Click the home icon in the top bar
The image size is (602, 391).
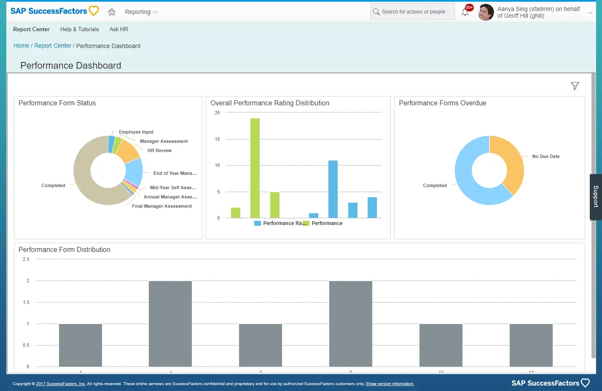(112, 12)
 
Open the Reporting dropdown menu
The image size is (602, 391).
(141, 12)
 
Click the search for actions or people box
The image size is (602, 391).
(413, 12)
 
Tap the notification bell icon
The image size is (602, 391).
(465, 12)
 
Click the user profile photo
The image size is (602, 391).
(486, 12)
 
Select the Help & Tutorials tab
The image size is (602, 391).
(79, 29)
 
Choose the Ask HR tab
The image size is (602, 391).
(118, 29)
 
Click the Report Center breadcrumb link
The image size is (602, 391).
(53, 46)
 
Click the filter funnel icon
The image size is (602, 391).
(575, 86)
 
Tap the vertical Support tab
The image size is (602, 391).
(596, 197)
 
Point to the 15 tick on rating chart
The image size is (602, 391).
(218, 139)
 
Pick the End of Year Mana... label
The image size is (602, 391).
(175, 174)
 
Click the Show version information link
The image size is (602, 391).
(390, 384)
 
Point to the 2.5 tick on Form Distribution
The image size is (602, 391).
(26, 260)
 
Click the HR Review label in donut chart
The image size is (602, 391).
(159, 151)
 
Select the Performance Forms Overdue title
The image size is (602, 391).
(442, 103)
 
